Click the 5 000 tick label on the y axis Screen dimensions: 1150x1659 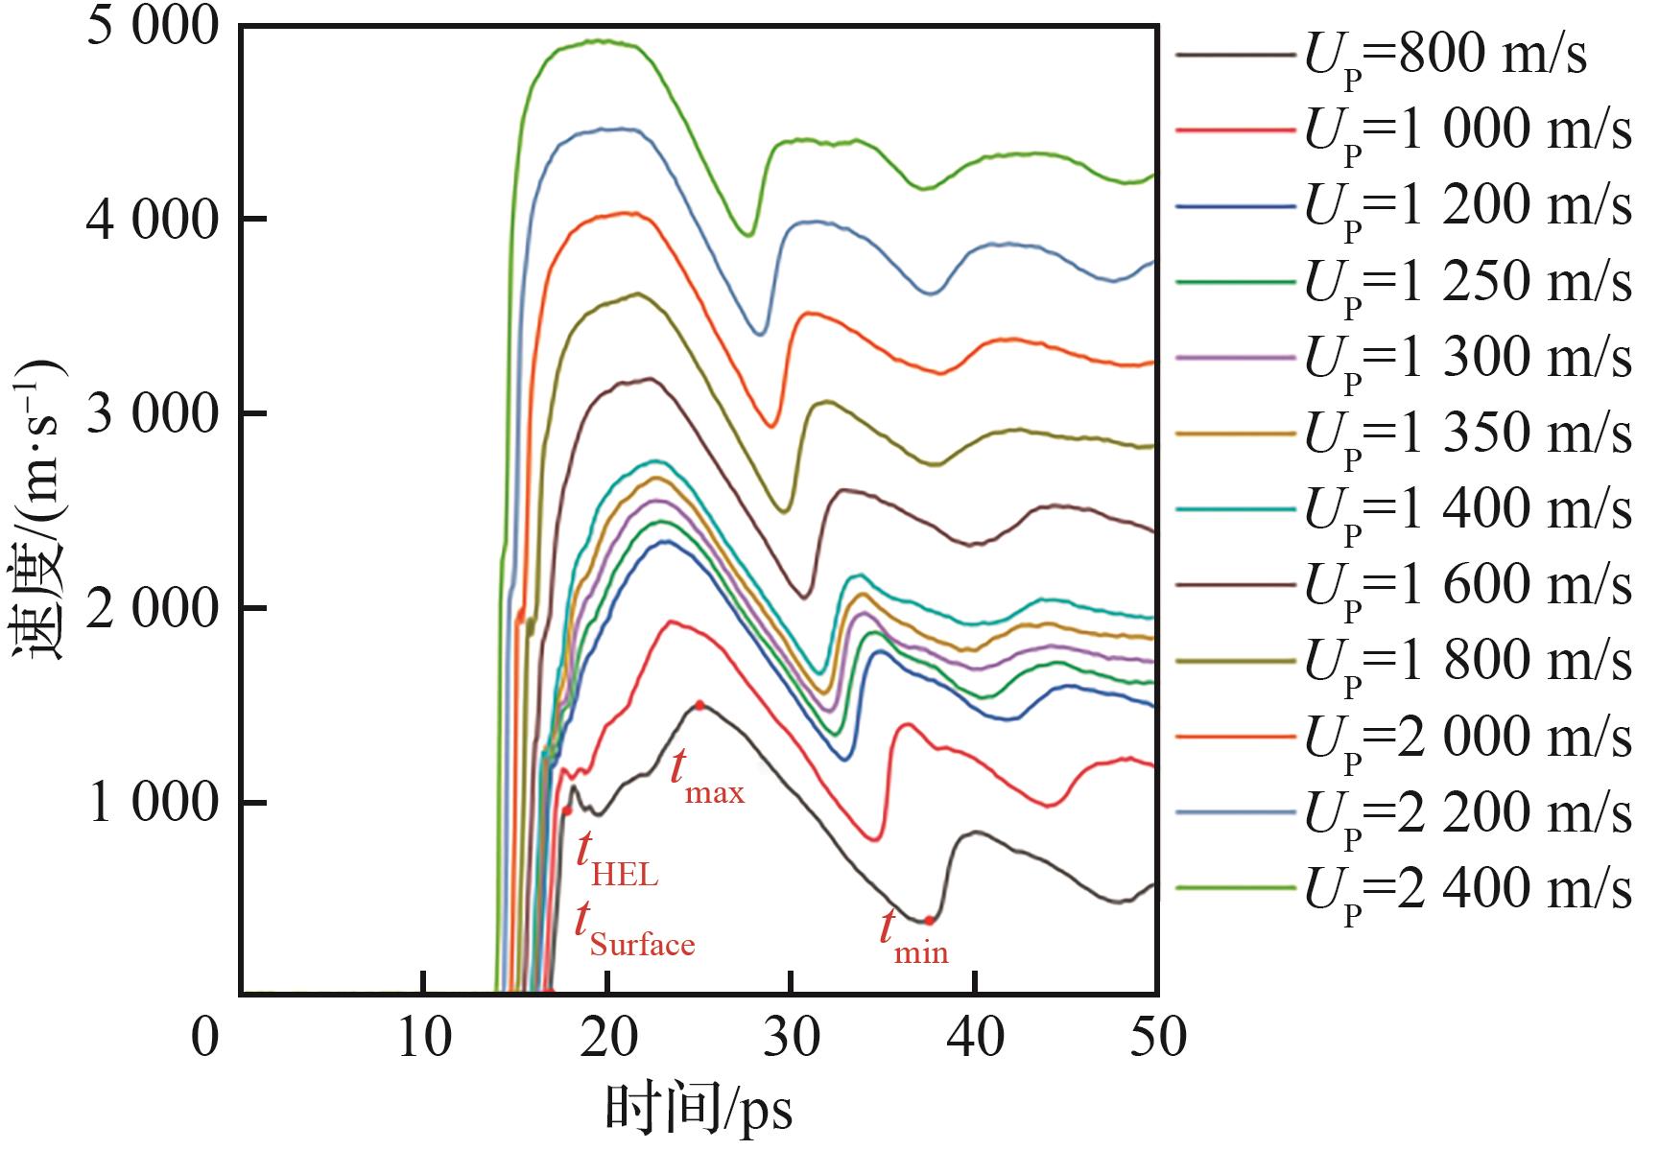pyautogui.click(x=154, y=27)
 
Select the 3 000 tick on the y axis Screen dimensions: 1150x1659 pyautogui.click(x=154, y=414)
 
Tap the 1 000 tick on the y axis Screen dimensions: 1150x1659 pyautogui.click(x=154, y=803)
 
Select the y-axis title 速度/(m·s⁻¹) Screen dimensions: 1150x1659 pyautogui.click(x=38, y=508)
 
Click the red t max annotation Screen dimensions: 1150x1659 pyautogui.click(x=706, y=775)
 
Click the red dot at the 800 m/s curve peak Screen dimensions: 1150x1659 pyautogui.click(x=699, y=705)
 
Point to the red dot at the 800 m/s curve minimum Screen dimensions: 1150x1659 pyautogui.click(x=929, y=920)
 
